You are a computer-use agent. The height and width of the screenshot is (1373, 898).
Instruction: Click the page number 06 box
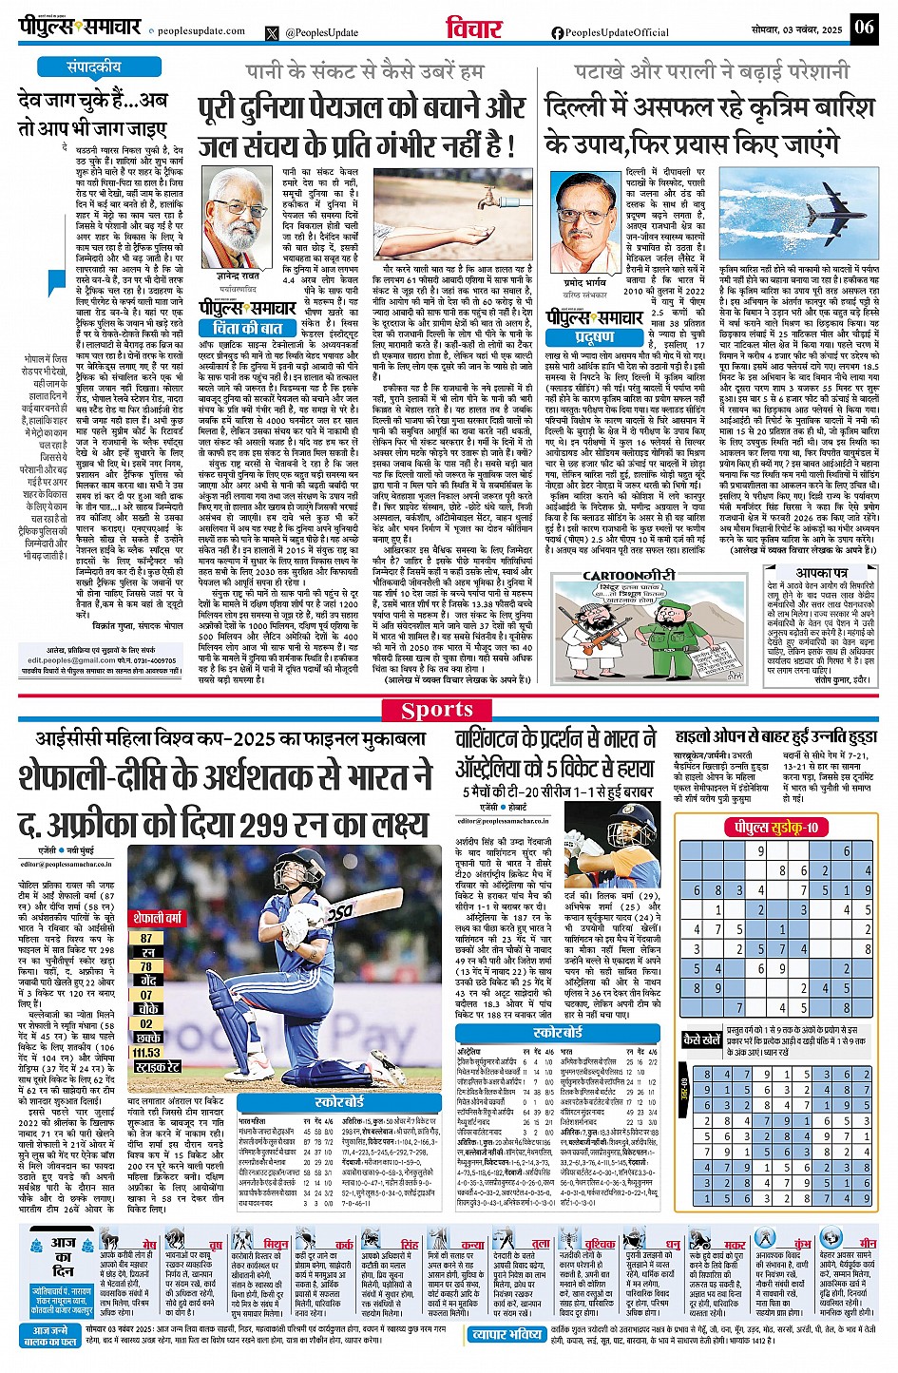(x=863, y=27)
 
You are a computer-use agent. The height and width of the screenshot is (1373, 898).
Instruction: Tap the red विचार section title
(x=474, y=29)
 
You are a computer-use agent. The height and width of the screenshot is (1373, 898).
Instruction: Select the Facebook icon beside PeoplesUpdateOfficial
(x=557, y=32)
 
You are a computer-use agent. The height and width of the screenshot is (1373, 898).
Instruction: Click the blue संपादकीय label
(x=93, y=67)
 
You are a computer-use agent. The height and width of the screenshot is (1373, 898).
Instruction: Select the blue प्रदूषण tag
(x=595, y=336)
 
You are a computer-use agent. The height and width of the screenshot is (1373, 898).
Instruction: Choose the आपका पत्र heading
(x=820, y=573)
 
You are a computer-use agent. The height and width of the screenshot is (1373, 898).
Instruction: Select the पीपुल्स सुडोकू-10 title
(x=775, y=828)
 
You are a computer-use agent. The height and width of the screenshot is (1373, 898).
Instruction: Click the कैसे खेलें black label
(x=702, y=1039)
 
